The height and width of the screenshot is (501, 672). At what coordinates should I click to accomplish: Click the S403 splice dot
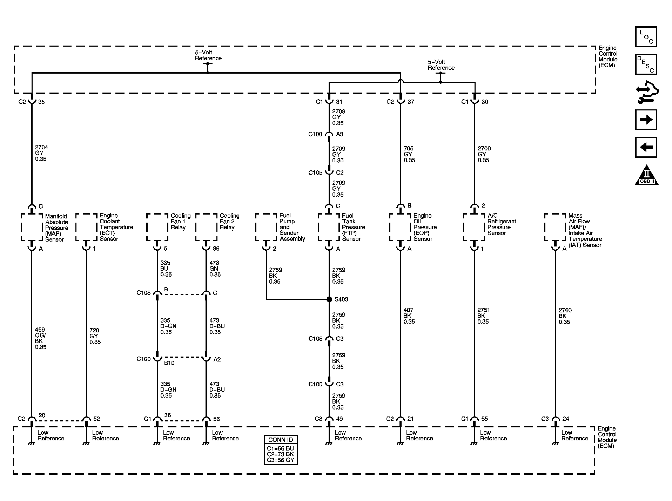click(x=329, y=299)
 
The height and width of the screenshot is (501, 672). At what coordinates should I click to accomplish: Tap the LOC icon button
click(x=646, y=37)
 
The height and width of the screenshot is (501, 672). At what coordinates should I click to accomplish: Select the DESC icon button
click(x=646, y=64)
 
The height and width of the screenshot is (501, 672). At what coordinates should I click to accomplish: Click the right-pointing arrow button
click(x=646, y=120)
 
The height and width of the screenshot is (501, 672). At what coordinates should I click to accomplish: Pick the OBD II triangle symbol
click(x=646, y=175)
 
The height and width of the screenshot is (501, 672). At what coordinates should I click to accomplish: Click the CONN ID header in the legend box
click(x=281, y=440)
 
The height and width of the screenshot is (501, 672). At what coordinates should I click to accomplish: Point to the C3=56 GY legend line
click(x=281, y=460)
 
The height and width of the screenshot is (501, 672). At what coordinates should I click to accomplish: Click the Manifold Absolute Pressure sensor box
click(x=32, y=227)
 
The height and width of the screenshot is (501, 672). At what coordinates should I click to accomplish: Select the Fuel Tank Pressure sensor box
click(x=329, y=227)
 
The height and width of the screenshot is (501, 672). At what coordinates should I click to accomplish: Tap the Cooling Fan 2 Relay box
click(x=206, y=227)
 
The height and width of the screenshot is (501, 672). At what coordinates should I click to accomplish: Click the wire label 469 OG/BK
click(x=40, y=338)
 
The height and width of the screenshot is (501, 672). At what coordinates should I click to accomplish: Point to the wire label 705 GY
click(x=409, y=154)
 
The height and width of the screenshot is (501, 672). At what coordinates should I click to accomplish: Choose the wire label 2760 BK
click(x=565, y=316)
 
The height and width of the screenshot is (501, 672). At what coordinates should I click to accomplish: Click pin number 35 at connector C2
click(x=41, y=102)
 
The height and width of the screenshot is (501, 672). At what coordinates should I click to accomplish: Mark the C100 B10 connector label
click(x=169, y=363)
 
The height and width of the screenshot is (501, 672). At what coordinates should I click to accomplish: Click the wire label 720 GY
click(x=95, y=336)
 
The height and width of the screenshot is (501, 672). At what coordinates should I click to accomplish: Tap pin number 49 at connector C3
click(x=339, y=419)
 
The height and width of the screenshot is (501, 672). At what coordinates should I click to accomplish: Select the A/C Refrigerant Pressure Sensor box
click(x=474, y=227)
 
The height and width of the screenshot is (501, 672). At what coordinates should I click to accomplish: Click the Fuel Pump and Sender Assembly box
click(x=266, y=227)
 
